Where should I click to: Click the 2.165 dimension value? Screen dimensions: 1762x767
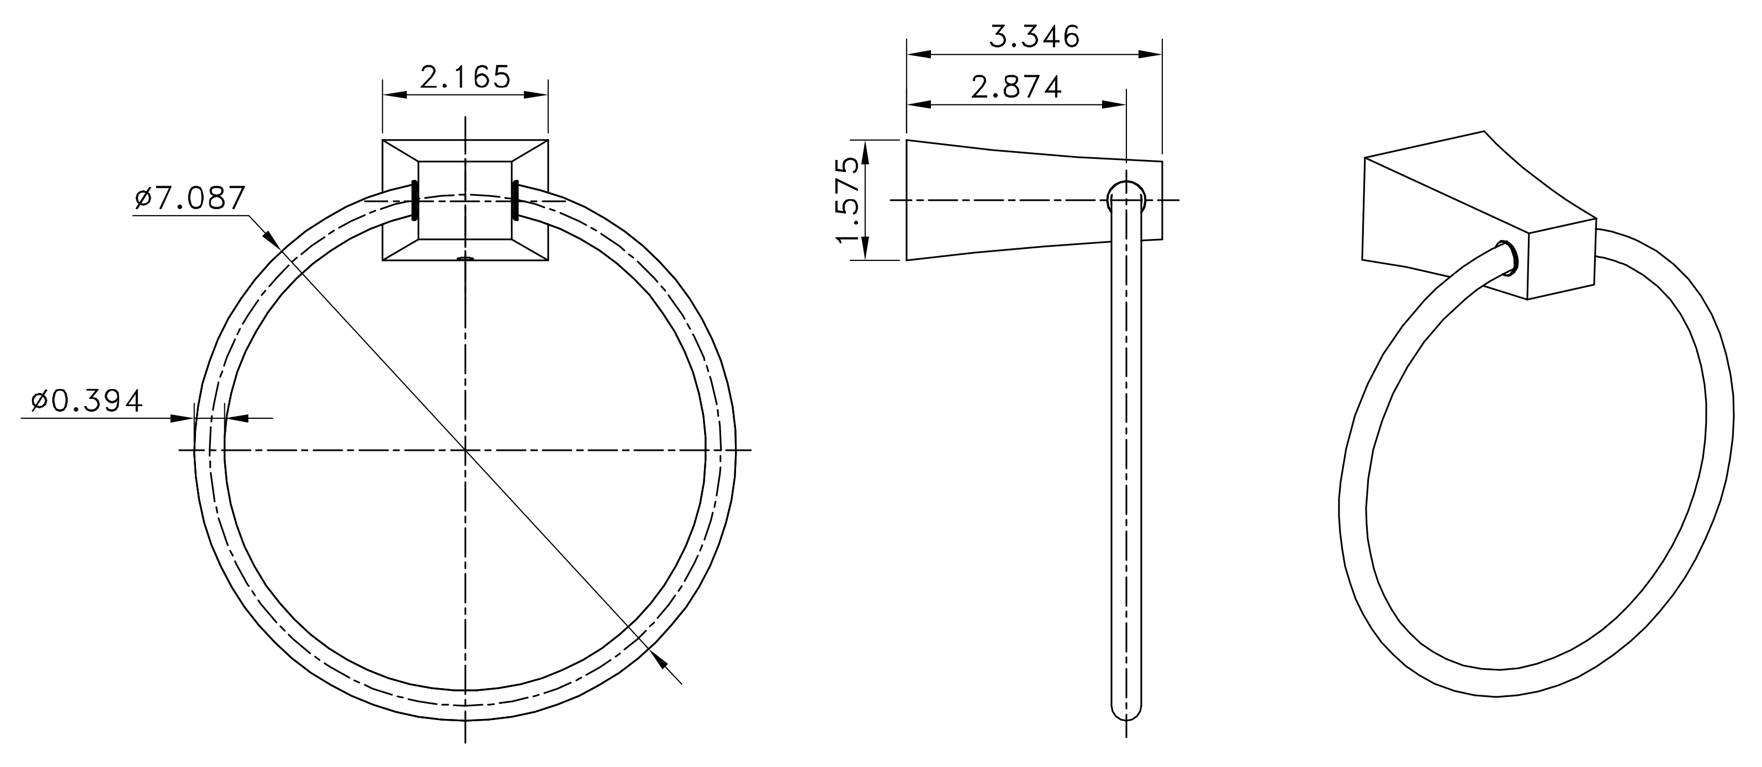(x=465, y=77)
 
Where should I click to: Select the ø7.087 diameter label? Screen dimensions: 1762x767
(x=190, y=198)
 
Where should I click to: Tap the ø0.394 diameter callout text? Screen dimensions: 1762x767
(x=87, y=401)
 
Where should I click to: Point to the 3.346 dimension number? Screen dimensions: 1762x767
(x=1034, y=36)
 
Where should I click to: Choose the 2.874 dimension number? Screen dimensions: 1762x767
(x=1017, y=87)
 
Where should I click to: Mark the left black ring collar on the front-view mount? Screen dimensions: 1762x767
(x=415, y=200)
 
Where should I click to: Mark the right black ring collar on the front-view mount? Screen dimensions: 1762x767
(x=515, y=200)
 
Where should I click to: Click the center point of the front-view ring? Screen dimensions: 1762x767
(x=465, y=450)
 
